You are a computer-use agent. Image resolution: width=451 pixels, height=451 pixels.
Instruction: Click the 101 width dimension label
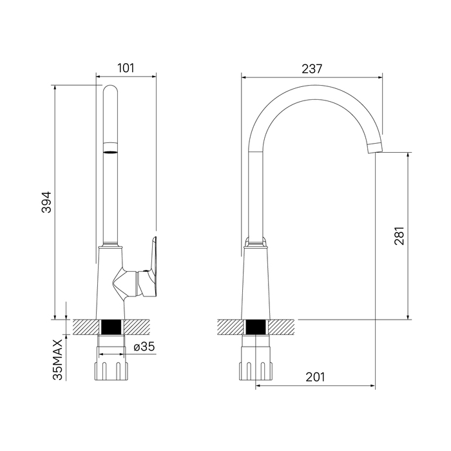(x=126, y=68)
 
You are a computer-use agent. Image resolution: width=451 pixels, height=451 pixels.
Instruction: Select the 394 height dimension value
(x=46, y=202)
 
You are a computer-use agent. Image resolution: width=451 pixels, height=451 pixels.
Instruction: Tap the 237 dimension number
(x=312, y=69)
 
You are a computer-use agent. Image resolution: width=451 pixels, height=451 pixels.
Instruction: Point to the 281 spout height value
(x=399, y=236)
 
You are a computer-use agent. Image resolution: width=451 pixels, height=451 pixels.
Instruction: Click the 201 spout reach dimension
(x=315, y=377)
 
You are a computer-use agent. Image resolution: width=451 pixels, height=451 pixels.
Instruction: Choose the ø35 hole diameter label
(x=144, y=347)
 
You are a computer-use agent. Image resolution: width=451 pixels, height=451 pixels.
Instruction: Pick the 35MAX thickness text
(x=57, y=360)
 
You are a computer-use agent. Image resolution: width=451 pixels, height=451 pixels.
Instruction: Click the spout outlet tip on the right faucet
(x=376, y=148)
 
